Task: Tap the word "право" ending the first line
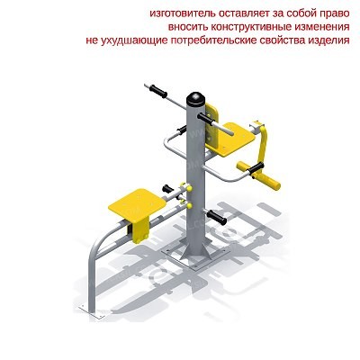(x=334, y=14)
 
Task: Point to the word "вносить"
(x=188, y=27)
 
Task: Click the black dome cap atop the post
(x=195, y=98)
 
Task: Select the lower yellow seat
(x=138, y=204)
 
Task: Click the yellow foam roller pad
(x=258, y=175)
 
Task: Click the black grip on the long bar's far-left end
(x=158, y=91)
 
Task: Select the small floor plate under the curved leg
(x=94, y=311)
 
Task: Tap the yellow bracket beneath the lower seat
(x=139, y=231)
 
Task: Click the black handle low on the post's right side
(x=216, y=217)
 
